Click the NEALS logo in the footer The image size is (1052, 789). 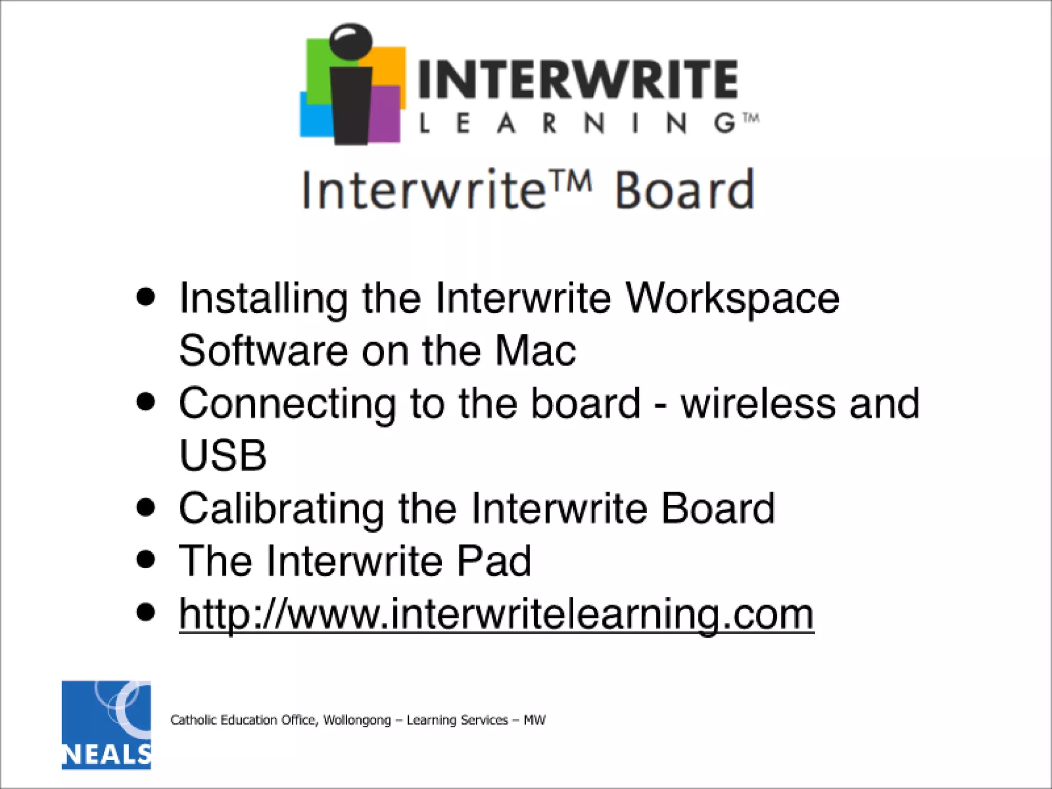pos(106,725)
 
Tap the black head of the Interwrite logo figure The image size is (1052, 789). pos(351,41)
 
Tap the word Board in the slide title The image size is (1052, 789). pos(685,191)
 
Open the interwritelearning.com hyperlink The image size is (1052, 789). pos(496,614)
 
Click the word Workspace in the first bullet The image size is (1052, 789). pos(731,298)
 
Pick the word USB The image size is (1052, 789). pos(223,455)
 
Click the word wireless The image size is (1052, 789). pos(758,404)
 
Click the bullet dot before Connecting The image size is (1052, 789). pos(146,402)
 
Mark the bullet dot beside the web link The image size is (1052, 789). pos(146,612)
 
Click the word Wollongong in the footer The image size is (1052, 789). pos(357,720)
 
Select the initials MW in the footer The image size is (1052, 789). pos(534,720)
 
